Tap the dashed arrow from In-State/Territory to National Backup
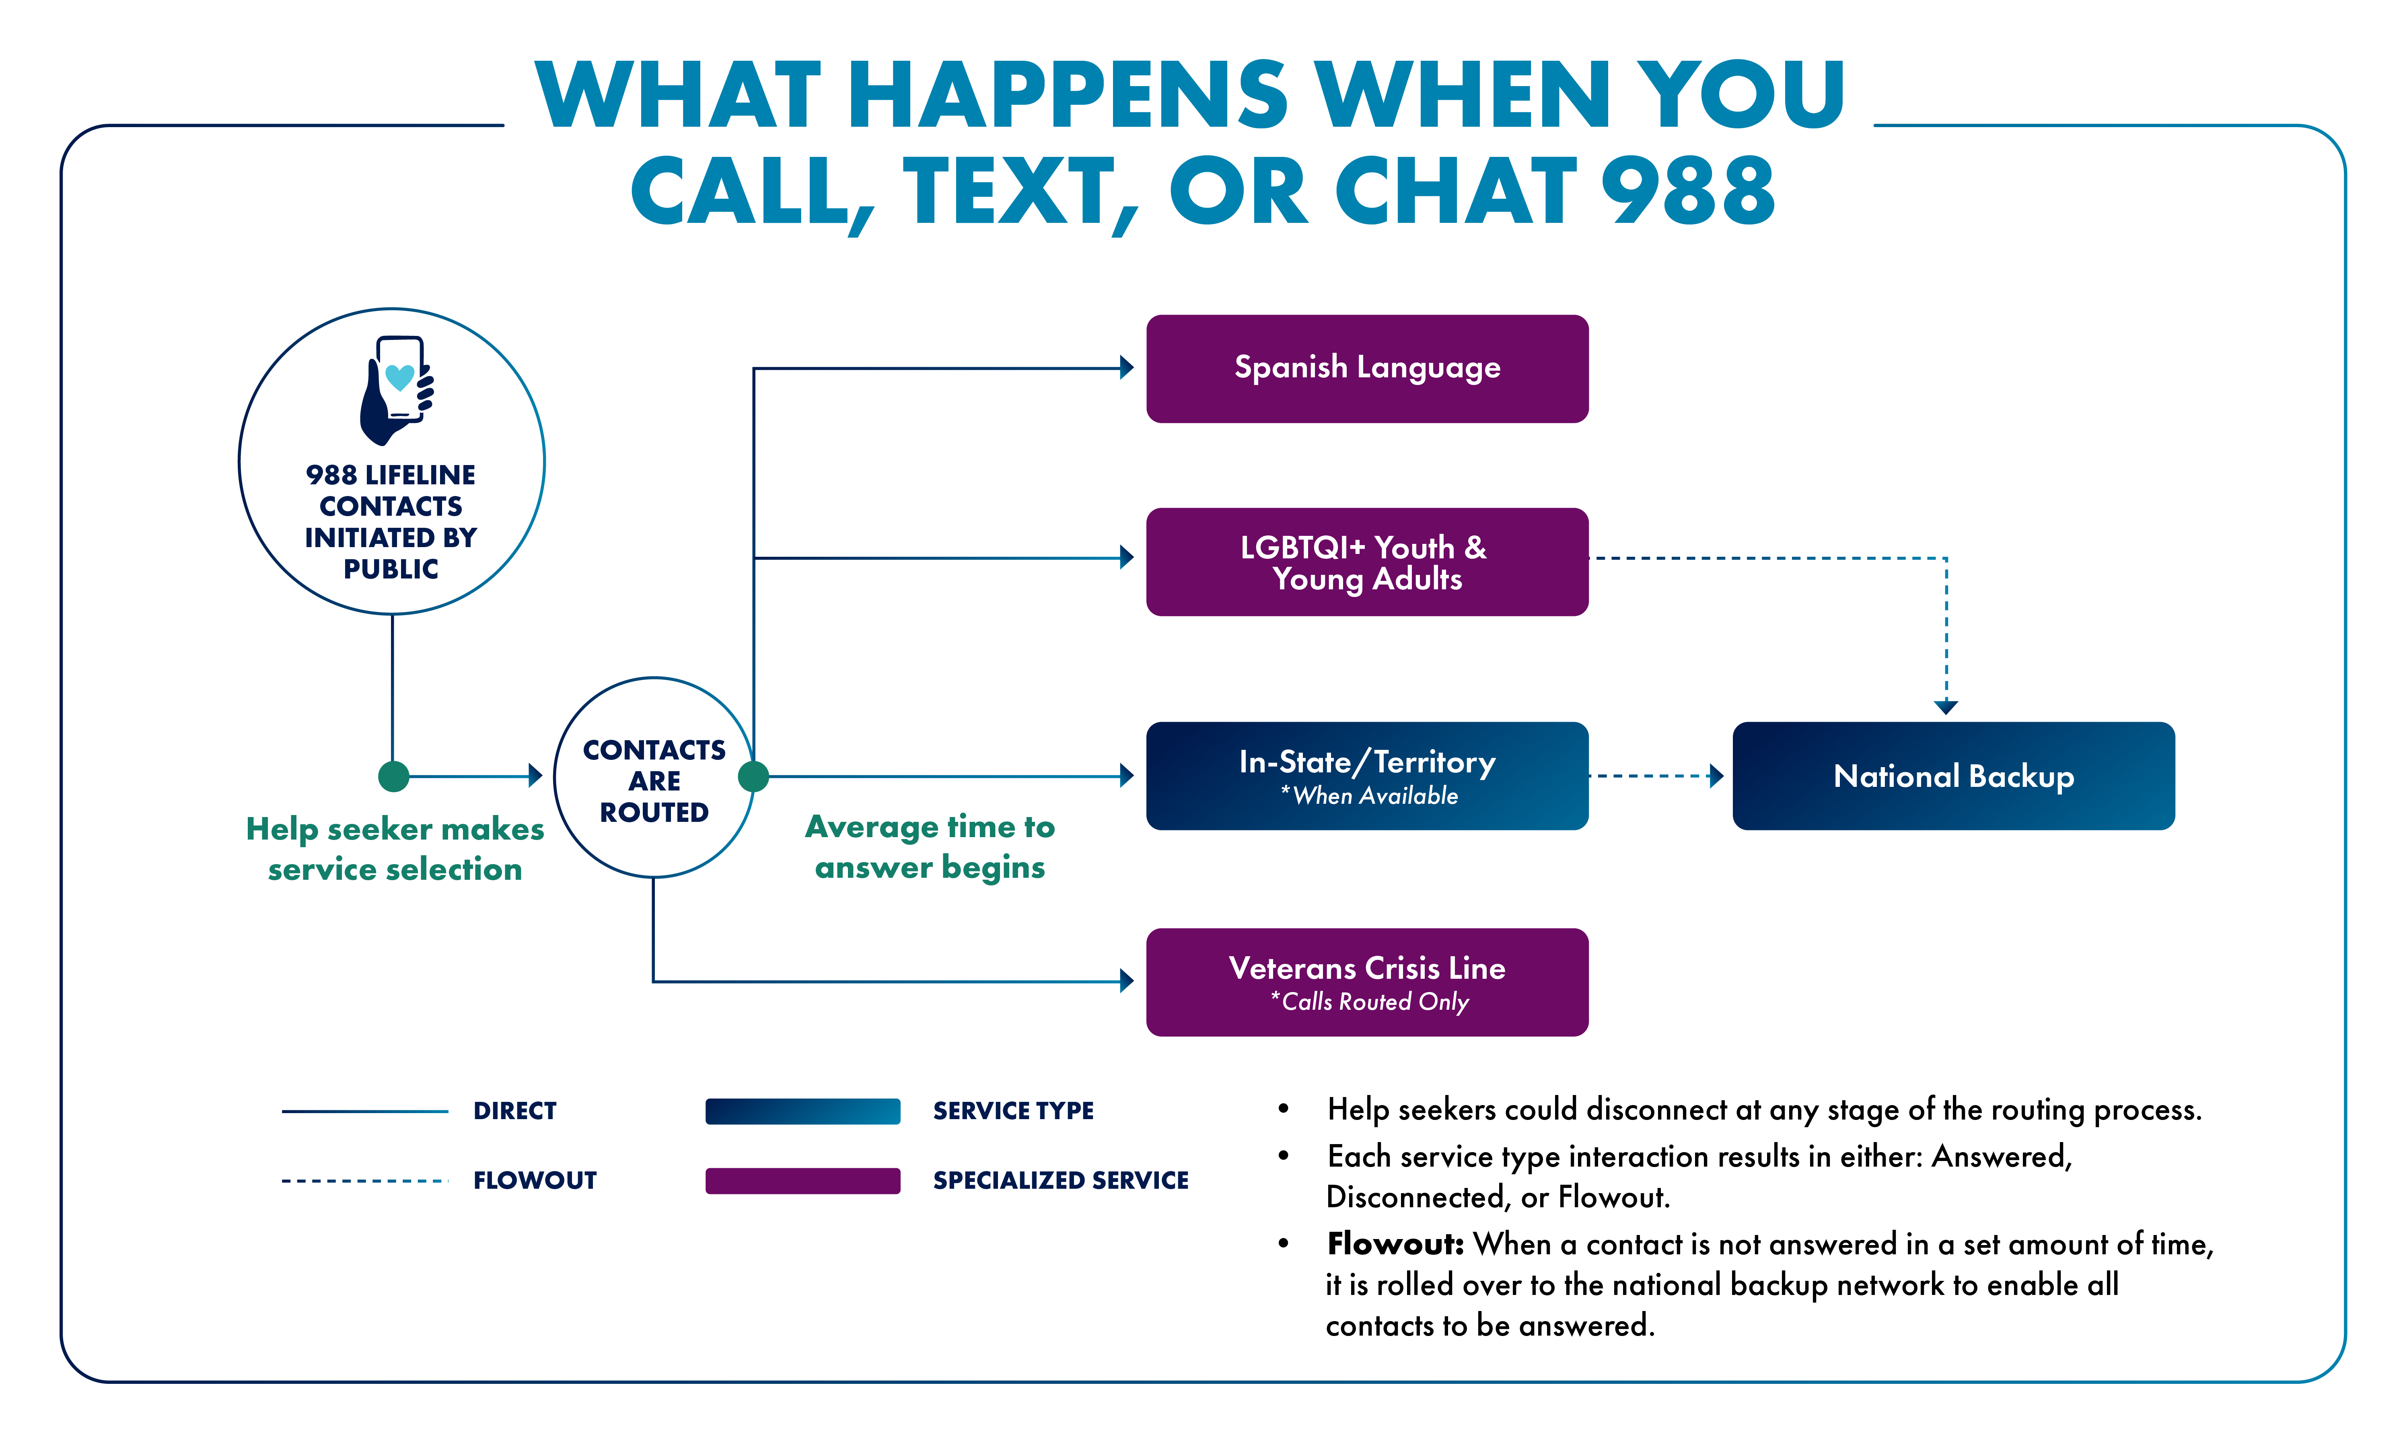coord(1655,776)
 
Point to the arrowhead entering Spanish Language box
coord(1127,368)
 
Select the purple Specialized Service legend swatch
coord(802,1180)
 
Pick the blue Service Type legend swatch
coord(802,1111)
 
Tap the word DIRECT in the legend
coord(514,1111)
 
